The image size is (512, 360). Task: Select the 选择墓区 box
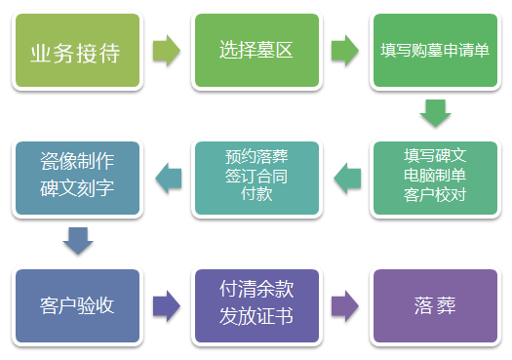click(256, 51)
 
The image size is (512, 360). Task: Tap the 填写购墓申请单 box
click(435, 51)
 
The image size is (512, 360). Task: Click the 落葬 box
click(435, 305)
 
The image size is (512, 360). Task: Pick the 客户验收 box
click(78, 305)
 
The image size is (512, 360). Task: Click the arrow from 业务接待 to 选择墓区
click(167, 52)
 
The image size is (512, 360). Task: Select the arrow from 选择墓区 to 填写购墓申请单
click(345, 52)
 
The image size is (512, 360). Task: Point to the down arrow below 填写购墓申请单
click(435, 115)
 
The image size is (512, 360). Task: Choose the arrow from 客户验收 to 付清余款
click(167, 305)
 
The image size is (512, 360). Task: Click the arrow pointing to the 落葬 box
click(345, 305)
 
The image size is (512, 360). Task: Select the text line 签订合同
click(256, 176)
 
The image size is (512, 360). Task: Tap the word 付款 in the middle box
click(256, 194)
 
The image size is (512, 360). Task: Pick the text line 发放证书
click(256, 317)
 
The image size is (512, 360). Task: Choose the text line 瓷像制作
click(78, 159)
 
